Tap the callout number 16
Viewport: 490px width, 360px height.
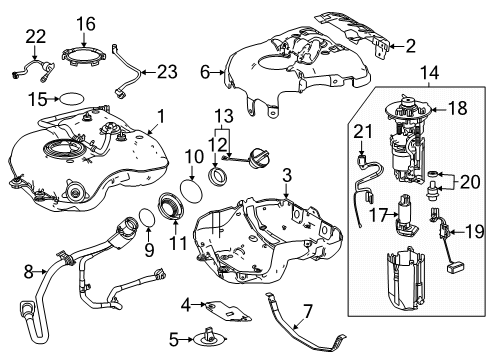tap(87, 23)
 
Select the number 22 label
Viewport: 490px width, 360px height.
tap(35, 37)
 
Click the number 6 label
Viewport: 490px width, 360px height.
tap(205, 72)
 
